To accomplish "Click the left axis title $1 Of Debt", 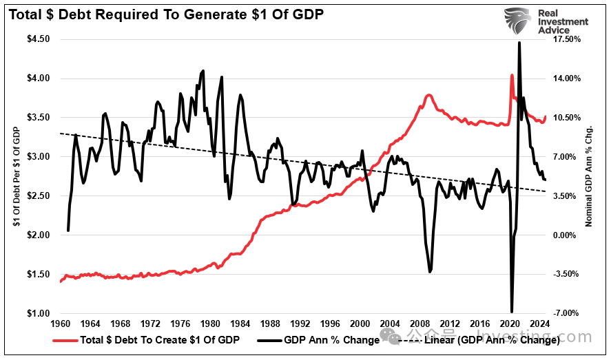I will (x=14, y=176).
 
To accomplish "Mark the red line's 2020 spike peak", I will (x=511, y=75).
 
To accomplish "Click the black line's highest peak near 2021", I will (x=518, y=43).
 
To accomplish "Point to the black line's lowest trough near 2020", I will (x=512, y=312).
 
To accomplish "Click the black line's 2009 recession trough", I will (x=430, y=272).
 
